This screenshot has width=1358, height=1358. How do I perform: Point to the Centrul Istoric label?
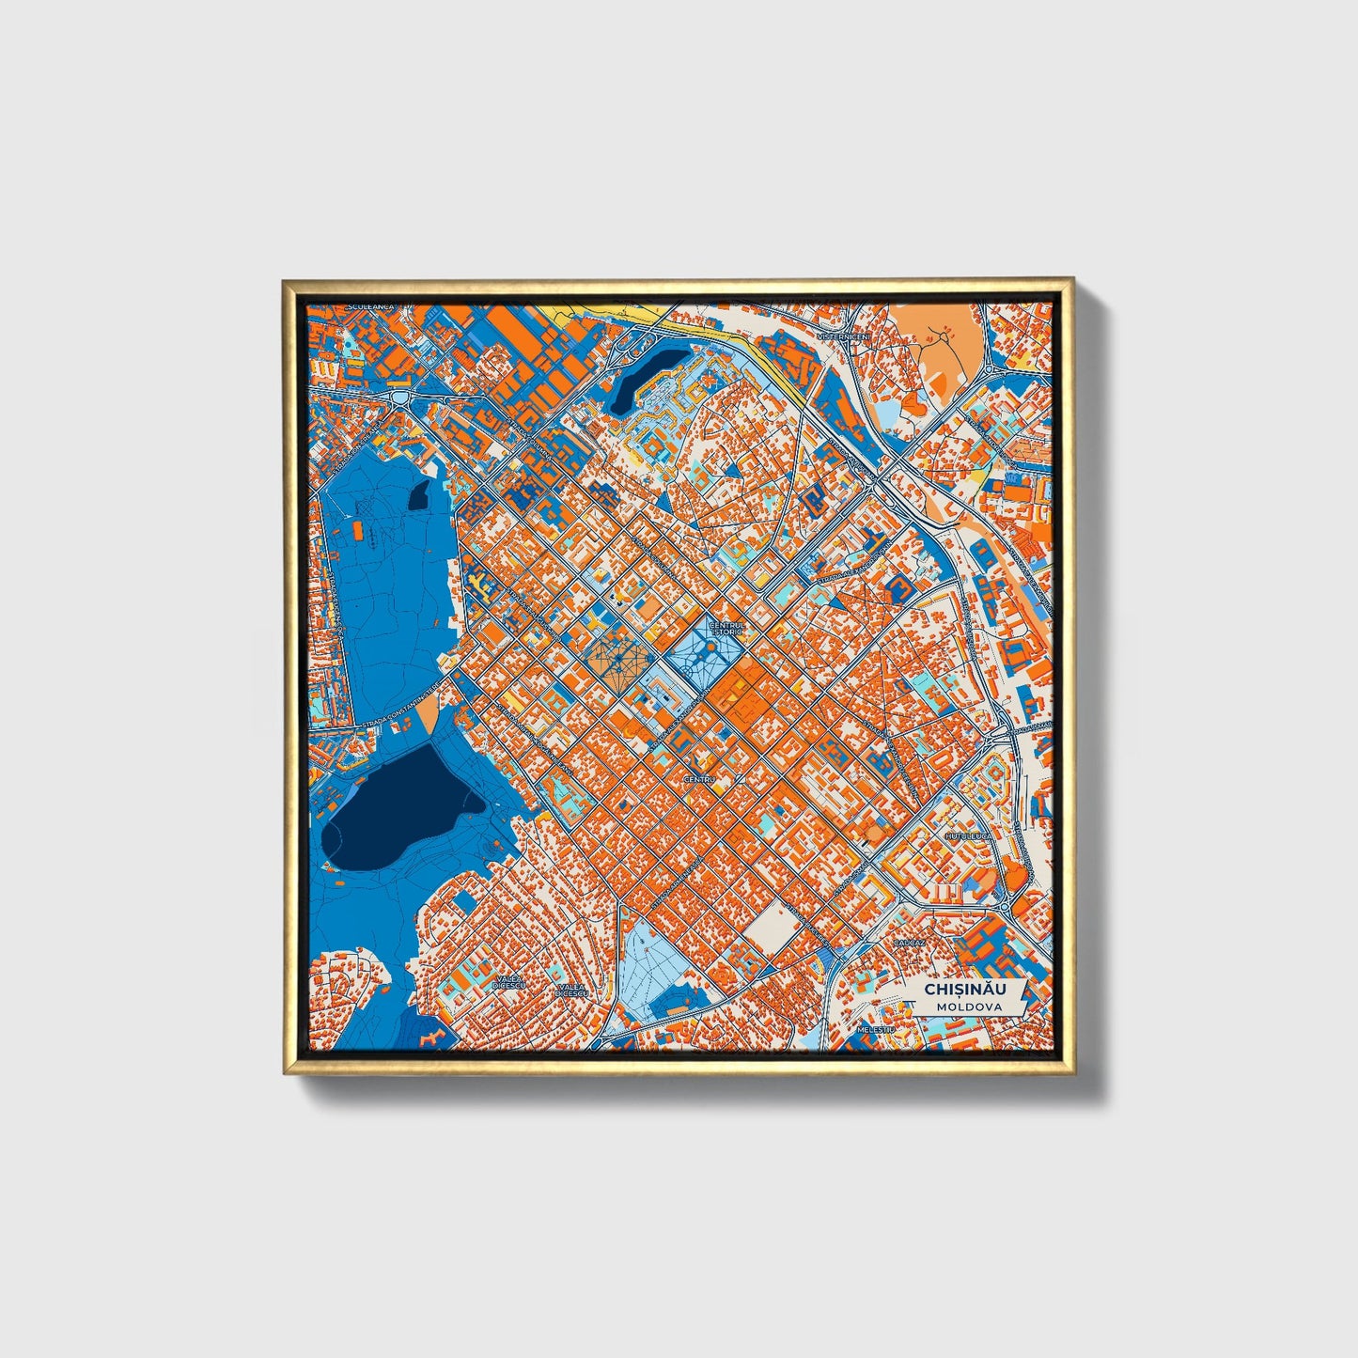[x=726, y=628]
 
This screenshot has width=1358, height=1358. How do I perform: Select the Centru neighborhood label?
[x=699, y=779]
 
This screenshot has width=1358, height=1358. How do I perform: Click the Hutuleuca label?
[x=969, y=835]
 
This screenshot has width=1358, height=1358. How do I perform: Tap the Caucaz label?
[x=910, y=942]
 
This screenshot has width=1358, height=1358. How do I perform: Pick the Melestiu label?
[x=872, y=1030]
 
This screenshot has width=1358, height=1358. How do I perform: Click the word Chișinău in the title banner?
[x=964, y=990]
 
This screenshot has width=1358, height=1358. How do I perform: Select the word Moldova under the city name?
[x=968, y=1007]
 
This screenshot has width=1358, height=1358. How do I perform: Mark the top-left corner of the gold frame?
[x=285, y=281]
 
